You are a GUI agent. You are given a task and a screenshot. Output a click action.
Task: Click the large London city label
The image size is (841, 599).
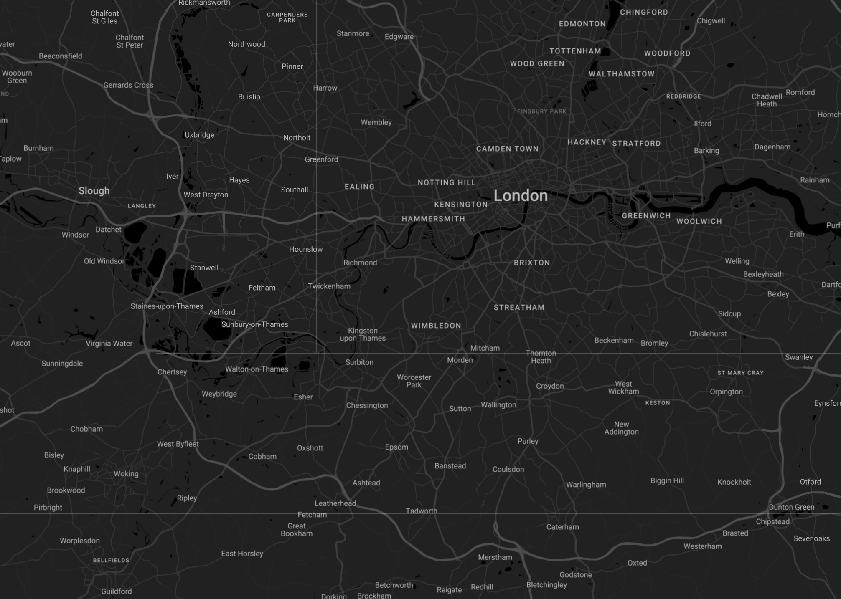click(x=521, y=196)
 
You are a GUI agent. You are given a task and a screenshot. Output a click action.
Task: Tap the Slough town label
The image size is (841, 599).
click(x=94, y=191)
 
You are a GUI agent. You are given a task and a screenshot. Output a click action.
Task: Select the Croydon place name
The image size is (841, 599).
click(x=550, y=386)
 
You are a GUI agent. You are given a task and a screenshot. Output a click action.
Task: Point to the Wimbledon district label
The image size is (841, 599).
click(x=436, y=326)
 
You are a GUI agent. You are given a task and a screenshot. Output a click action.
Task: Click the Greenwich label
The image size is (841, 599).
click(x=646, y=216)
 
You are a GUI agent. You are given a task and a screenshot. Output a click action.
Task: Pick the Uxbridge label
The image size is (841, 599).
click(x=199, y=135)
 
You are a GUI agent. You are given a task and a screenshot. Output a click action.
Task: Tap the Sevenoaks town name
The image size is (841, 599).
click(x=811, y=538)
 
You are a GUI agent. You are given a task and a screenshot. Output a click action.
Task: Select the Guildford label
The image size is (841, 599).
click(x=116, y=591)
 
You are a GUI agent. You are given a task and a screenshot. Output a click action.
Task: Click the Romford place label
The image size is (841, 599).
click(x=800, y=93)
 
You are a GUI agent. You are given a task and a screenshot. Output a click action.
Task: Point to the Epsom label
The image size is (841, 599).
click(x=396, y=447)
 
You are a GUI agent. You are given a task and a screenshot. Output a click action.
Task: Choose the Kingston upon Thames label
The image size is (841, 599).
click(x=363, y=334)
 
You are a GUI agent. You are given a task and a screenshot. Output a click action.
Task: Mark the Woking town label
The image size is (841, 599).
click(x=126, y=474)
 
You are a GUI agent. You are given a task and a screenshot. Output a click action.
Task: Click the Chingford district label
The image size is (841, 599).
click(x=644, y=13)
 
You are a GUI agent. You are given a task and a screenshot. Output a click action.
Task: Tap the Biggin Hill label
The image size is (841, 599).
click(x=667, y=481)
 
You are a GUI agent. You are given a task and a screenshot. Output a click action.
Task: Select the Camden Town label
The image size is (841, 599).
click(x=507, y=149)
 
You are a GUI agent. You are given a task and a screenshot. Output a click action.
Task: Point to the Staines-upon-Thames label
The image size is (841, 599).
click(x=167, y=306)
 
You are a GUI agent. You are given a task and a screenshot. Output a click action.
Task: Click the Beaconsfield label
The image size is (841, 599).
click(x=61, y=56)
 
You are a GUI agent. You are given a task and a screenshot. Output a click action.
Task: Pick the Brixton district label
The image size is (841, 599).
click(x=531, y=263)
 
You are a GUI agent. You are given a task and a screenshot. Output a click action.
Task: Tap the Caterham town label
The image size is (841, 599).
click(x=562, y=527)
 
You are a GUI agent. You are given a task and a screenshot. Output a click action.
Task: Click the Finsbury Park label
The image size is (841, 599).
click(x=541, y=111)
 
